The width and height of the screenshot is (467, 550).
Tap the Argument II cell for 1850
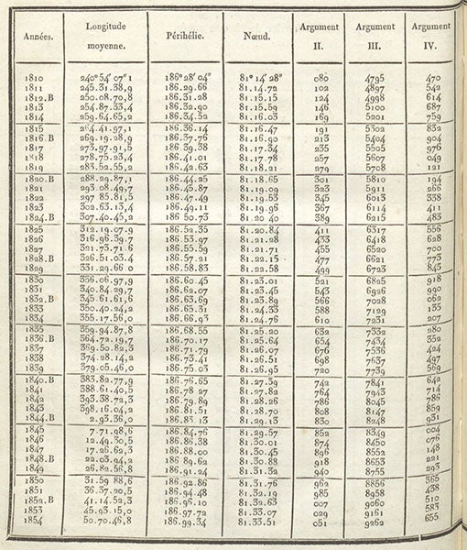click(320, 479)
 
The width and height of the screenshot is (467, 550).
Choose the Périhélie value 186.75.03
click(184, 368)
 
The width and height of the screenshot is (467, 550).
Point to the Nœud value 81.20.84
click(258, 227)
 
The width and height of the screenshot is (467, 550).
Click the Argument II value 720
click(320, 368)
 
